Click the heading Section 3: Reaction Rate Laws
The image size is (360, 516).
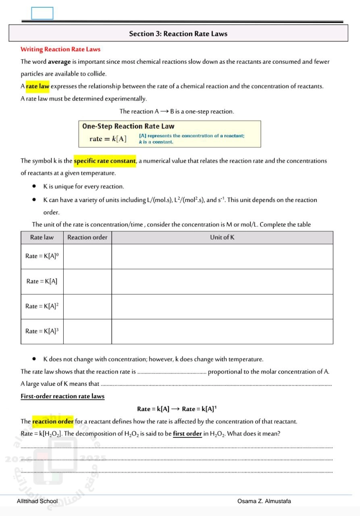(178, 34)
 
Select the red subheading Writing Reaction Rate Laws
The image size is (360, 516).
(60, 49)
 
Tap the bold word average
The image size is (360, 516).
(59, 62)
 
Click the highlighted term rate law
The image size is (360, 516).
(37, 86)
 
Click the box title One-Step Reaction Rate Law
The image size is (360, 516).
(128, 126)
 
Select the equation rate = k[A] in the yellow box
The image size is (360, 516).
(108, 139)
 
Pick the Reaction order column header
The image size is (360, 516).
(87, 237)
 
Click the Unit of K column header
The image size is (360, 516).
(222, 237)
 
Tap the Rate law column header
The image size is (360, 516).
(42, 237)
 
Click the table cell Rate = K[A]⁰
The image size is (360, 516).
(42, 256)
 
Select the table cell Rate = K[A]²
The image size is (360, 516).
(42, 306)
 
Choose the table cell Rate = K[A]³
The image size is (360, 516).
(42, 331)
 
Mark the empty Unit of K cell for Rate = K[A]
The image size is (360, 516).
(222, 281)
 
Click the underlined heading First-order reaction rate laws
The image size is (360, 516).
(62, 396)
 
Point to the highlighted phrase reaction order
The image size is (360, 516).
(53, 422)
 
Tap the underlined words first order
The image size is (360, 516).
(187, 434)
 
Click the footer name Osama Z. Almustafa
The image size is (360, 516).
(264, 501)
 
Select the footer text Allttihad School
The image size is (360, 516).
(37, 501)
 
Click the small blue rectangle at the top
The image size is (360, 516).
(42, 13)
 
